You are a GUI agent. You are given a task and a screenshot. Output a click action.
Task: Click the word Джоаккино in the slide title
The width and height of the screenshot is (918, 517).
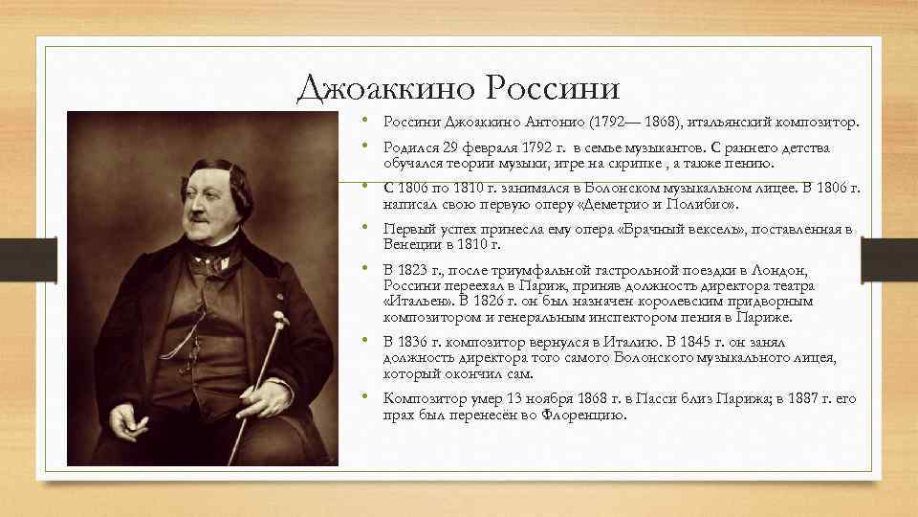coord(384,88)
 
